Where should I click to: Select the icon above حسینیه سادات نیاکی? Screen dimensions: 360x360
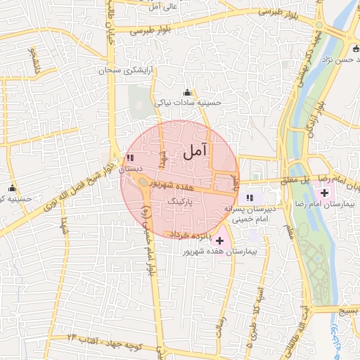coord(187,93)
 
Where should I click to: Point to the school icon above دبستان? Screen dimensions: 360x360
coord(130,158)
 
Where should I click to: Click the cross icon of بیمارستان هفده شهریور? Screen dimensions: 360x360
coord(220,240)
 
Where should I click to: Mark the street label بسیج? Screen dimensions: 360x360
coord(349,310)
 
